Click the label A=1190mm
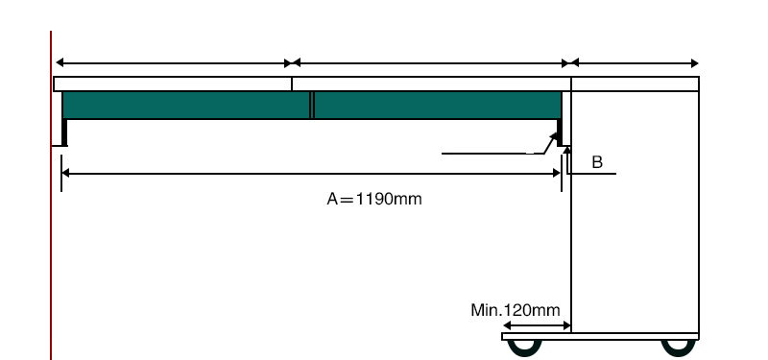coord(374,200)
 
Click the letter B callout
coord(596,162)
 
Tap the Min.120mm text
coord(515,310)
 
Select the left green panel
coord(186,105)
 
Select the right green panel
coord(438,105)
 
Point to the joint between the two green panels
coord(312,105)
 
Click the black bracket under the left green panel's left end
coord(64,132)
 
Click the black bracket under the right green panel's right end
coord(558,130)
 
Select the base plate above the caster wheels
coord(600,336)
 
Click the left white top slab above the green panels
coord(173,84)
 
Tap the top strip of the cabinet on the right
coord(635,84)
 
